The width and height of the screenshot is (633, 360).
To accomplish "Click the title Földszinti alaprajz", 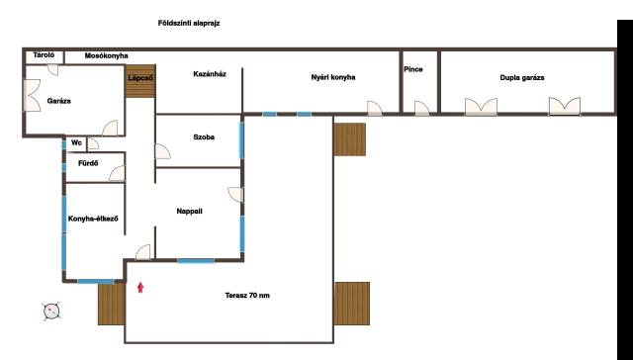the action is [x=189, y=24].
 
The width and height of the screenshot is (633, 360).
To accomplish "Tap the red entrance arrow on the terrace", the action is [x=140, y=288].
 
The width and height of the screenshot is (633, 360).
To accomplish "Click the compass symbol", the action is [x=51, y=311].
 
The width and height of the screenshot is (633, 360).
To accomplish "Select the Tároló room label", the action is [x=44, y=54].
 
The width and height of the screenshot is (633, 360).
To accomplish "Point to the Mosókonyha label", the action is [x=106, y=56].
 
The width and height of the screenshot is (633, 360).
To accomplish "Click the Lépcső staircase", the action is [x=140, y=81].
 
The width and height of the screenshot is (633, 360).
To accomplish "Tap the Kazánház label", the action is [x=210, y=74].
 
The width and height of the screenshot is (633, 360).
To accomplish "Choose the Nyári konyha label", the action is [x=333, y=77].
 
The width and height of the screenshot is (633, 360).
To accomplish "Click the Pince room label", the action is [x=413, y=69].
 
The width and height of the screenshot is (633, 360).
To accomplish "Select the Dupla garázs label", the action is [x=522, y=78].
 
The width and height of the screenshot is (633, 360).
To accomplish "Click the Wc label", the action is [x=76, y=142].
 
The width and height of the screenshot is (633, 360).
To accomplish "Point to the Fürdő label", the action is [x=88, y=163].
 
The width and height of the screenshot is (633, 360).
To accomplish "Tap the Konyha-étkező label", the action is [x=93, y=219].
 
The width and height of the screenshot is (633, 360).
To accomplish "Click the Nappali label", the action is [x=189, y=211].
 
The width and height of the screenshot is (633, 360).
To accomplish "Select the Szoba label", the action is [x=204, y=137].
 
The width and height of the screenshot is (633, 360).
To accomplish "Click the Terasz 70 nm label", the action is [x=247, y=296].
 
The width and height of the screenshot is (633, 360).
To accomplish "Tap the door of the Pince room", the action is [x=422, y=108].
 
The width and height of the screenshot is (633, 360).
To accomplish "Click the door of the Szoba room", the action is [x=162, y=151].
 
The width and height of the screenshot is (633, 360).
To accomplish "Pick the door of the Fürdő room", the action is [x=117, y=173].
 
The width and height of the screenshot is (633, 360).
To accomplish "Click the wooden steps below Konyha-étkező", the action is [x=112, y=304].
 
